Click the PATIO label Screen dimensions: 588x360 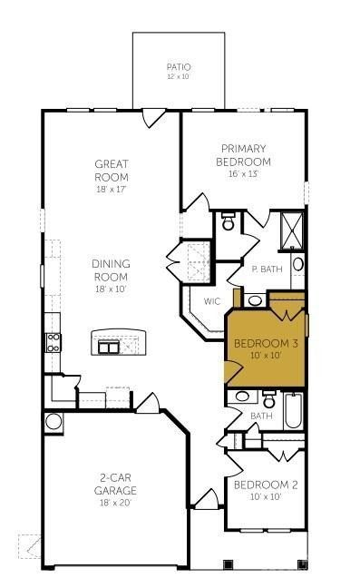tap(179, 67)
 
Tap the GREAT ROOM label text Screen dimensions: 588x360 tap(112, 171)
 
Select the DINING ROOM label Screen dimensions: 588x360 tap(112, 269)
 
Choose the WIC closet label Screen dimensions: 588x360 tap(212, 301)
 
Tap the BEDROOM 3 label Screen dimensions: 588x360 tap(266, 344)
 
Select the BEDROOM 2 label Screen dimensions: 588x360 tap(266, 485)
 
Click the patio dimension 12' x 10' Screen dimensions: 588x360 tap(179, 77)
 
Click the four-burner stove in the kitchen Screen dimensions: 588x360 tap(54, 342)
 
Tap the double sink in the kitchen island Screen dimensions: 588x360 tap(110, 346)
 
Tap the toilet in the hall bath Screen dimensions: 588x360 tap(268, 398)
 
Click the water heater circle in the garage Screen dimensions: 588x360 tap(54, 421)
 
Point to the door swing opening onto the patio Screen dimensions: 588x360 tap(153, 117)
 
